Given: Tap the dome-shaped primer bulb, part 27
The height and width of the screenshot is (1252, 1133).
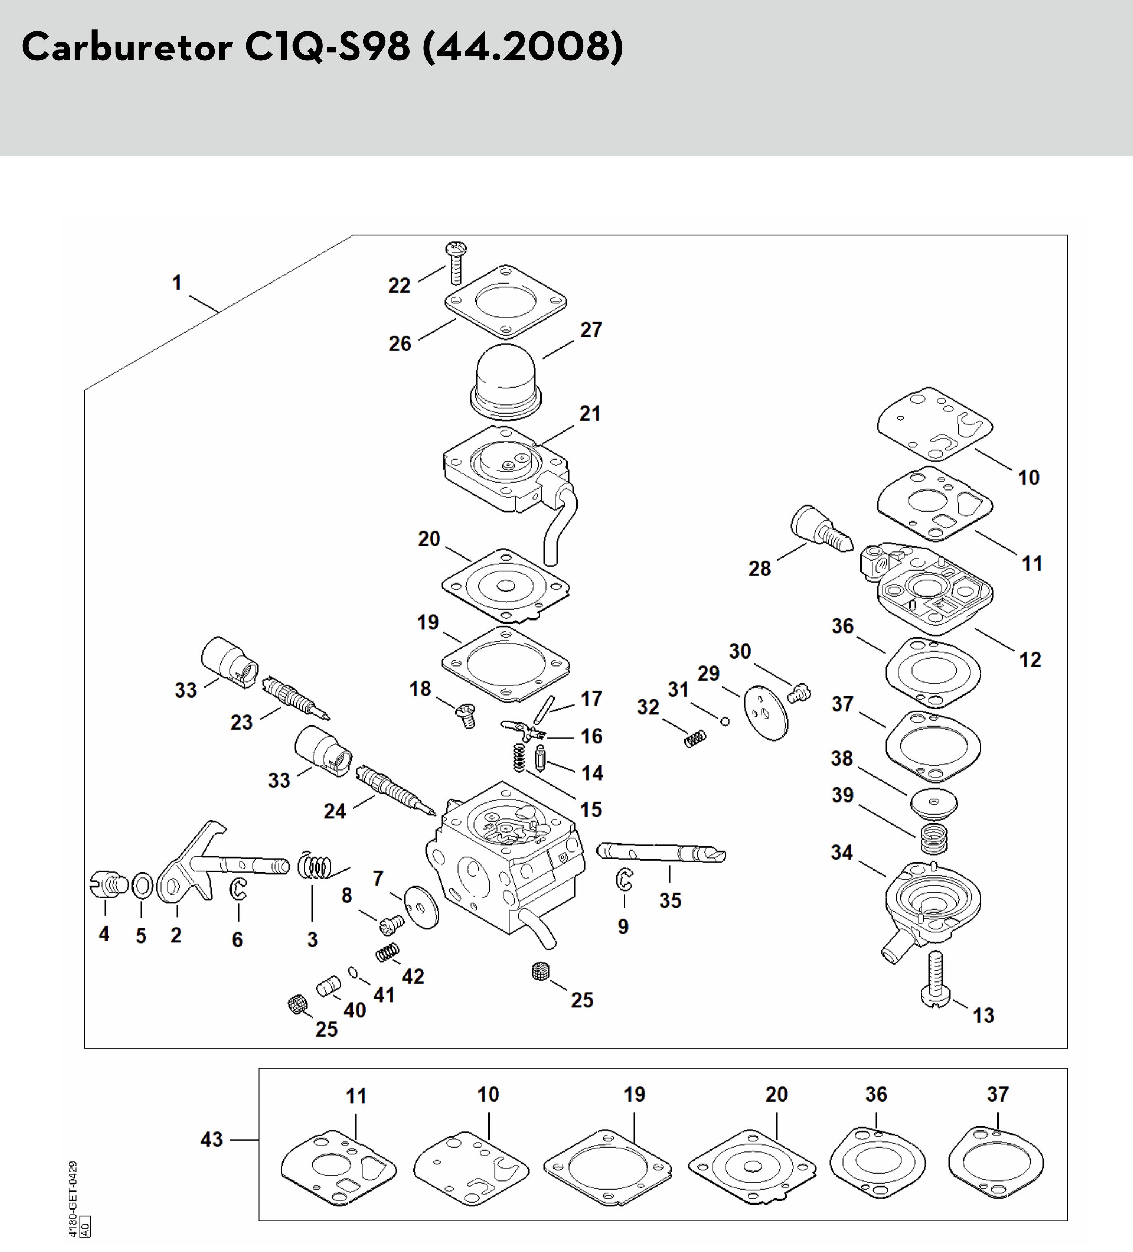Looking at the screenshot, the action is (x=506, y=383).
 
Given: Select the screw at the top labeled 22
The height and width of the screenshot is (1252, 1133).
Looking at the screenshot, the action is (x=456, y=263).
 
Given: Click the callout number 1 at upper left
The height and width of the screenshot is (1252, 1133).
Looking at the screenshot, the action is (x=177, y=282).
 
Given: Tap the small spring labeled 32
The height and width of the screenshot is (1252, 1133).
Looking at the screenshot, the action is (x=695, y=738).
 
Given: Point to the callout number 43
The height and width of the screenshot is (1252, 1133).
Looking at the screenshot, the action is (x=211, y=1140).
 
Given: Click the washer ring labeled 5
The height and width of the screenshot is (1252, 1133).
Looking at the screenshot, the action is (x=142, y=885).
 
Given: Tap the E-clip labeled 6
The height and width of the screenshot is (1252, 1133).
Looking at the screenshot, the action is (x=238, y=889).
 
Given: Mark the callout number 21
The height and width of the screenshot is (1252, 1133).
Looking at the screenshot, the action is (x=590, y=414).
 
